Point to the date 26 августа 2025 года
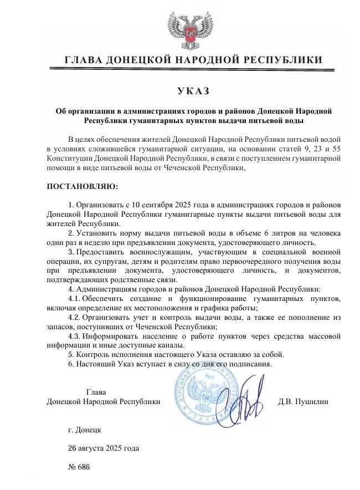pos(103,447)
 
